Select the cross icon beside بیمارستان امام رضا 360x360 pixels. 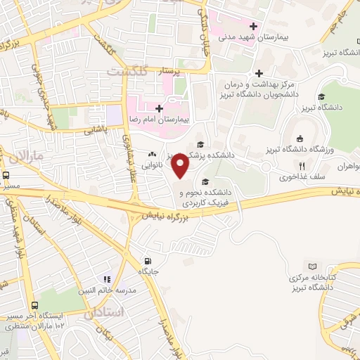click(160, 109)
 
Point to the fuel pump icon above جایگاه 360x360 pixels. click(146, 258)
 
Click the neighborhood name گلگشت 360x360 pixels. click(128, 71)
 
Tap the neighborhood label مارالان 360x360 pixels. click(30, 153)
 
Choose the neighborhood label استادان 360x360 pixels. click(103, 311)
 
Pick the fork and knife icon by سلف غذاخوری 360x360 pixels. click(301, 167)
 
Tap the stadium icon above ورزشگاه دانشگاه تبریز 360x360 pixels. click(300, 139)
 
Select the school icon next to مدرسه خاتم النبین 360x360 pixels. click(107, 279)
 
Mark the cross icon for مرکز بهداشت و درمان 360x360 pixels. click(259, 73)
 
